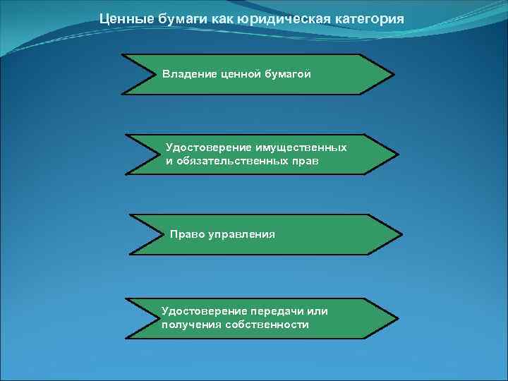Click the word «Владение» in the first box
pyautogui.click(x=187, y=73)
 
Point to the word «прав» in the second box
pyautogui.click(x=304, y=161)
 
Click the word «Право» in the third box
pyautogui.click(x=186, y=234)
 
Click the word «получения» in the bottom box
pyautogui.click(x=190, y=325)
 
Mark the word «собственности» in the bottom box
pyautogui.click(x=267, y=325)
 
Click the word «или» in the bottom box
pyautogui.click(x=320, y=311)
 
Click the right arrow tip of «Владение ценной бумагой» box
pyautogui.click(x=393, y=73)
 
